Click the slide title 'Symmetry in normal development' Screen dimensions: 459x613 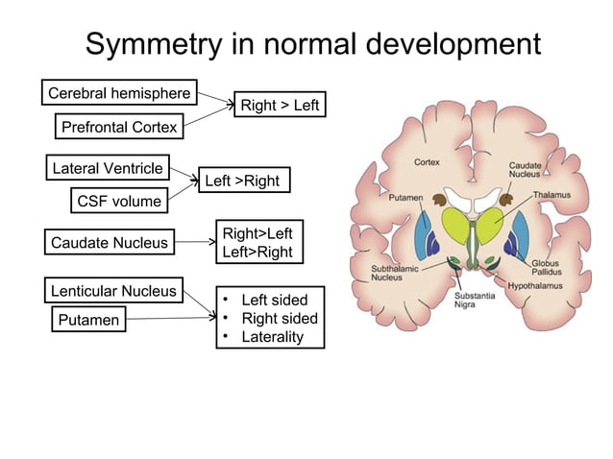pyautogui.click(x=313, y=44)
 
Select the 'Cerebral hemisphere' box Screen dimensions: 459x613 pyautogui.click(x=120, y=93)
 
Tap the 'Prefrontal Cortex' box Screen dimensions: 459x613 pyautogui.click(x=119, y=127)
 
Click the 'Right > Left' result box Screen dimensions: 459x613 pyautogui.click(x=280, y=105)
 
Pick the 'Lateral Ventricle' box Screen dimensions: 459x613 pyautogui.click(x=108, y=168)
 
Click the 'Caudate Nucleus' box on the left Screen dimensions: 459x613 pyautogui.click(x=109, y=243)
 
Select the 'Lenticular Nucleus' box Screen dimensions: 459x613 pyautogui.click(x=113, y=290)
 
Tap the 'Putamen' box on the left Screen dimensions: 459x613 pyautogui.click(x=86, y=320)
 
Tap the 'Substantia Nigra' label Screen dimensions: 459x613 pyautogui.click(x=475, y=301)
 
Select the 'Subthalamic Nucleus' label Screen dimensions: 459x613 pyautogui.click(x=394, y=273)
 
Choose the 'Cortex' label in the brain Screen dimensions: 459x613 pyautogui.click(x=427, y=162)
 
